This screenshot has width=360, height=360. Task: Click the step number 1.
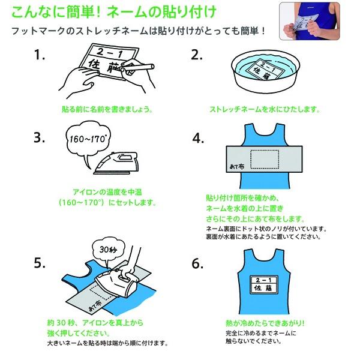point(39,55)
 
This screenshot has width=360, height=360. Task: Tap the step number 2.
point(197,55)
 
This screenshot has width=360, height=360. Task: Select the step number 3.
point(39,137)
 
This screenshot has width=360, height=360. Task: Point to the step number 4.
point(198,139)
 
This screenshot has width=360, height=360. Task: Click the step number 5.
point(40,262)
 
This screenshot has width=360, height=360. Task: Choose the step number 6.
point(197,263)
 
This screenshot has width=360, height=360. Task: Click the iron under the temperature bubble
point(116,163)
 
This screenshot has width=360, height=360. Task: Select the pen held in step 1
point(138,67)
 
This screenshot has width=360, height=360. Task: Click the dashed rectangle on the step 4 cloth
point(265,160)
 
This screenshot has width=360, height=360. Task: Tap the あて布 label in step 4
point(237,166)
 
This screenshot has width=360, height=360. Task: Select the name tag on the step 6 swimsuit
point(264,284)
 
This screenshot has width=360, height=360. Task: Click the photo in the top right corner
point(310,21)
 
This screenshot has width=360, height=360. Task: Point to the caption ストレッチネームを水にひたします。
point(265,109)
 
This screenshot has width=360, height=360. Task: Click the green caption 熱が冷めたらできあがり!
point(265,323)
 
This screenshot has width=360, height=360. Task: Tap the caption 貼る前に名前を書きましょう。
point(107,109)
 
